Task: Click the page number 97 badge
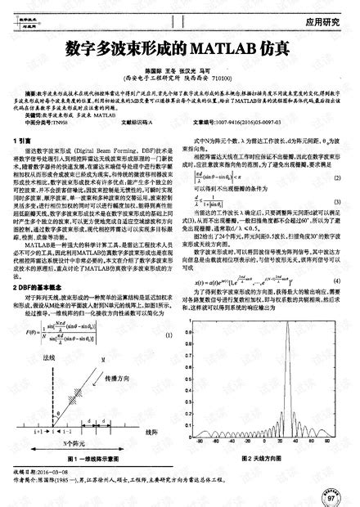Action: click(x=332, y=496)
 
